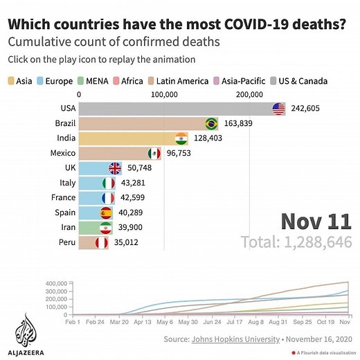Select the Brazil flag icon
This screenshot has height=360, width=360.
coord(211,124)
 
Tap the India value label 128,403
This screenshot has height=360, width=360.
coord(209,138)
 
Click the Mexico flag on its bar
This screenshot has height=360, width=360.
coord(154,153)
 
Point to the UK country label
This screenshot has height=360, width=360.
coord(69,168)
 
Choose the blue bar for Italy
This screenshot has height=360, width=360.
coord(90,183)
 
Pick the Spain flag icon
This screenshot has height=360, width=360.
coord(107,213)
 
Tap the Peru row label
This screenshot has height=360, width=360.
coord(66,243)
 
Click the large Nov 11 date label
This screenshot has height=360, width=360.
coord(316,222)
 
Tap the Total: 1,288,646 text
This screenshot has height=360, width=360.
coord(296,243)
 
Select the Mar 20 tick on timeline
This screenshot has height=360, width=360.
coord(118,322)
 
